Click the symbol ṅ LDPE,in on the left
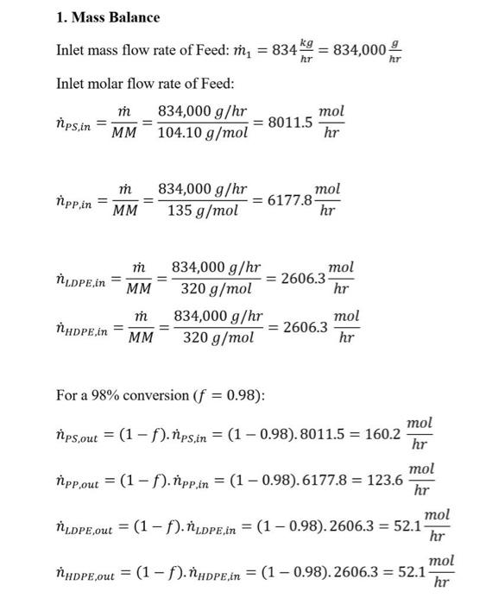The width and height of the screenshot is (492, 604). tap(85, 279)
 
